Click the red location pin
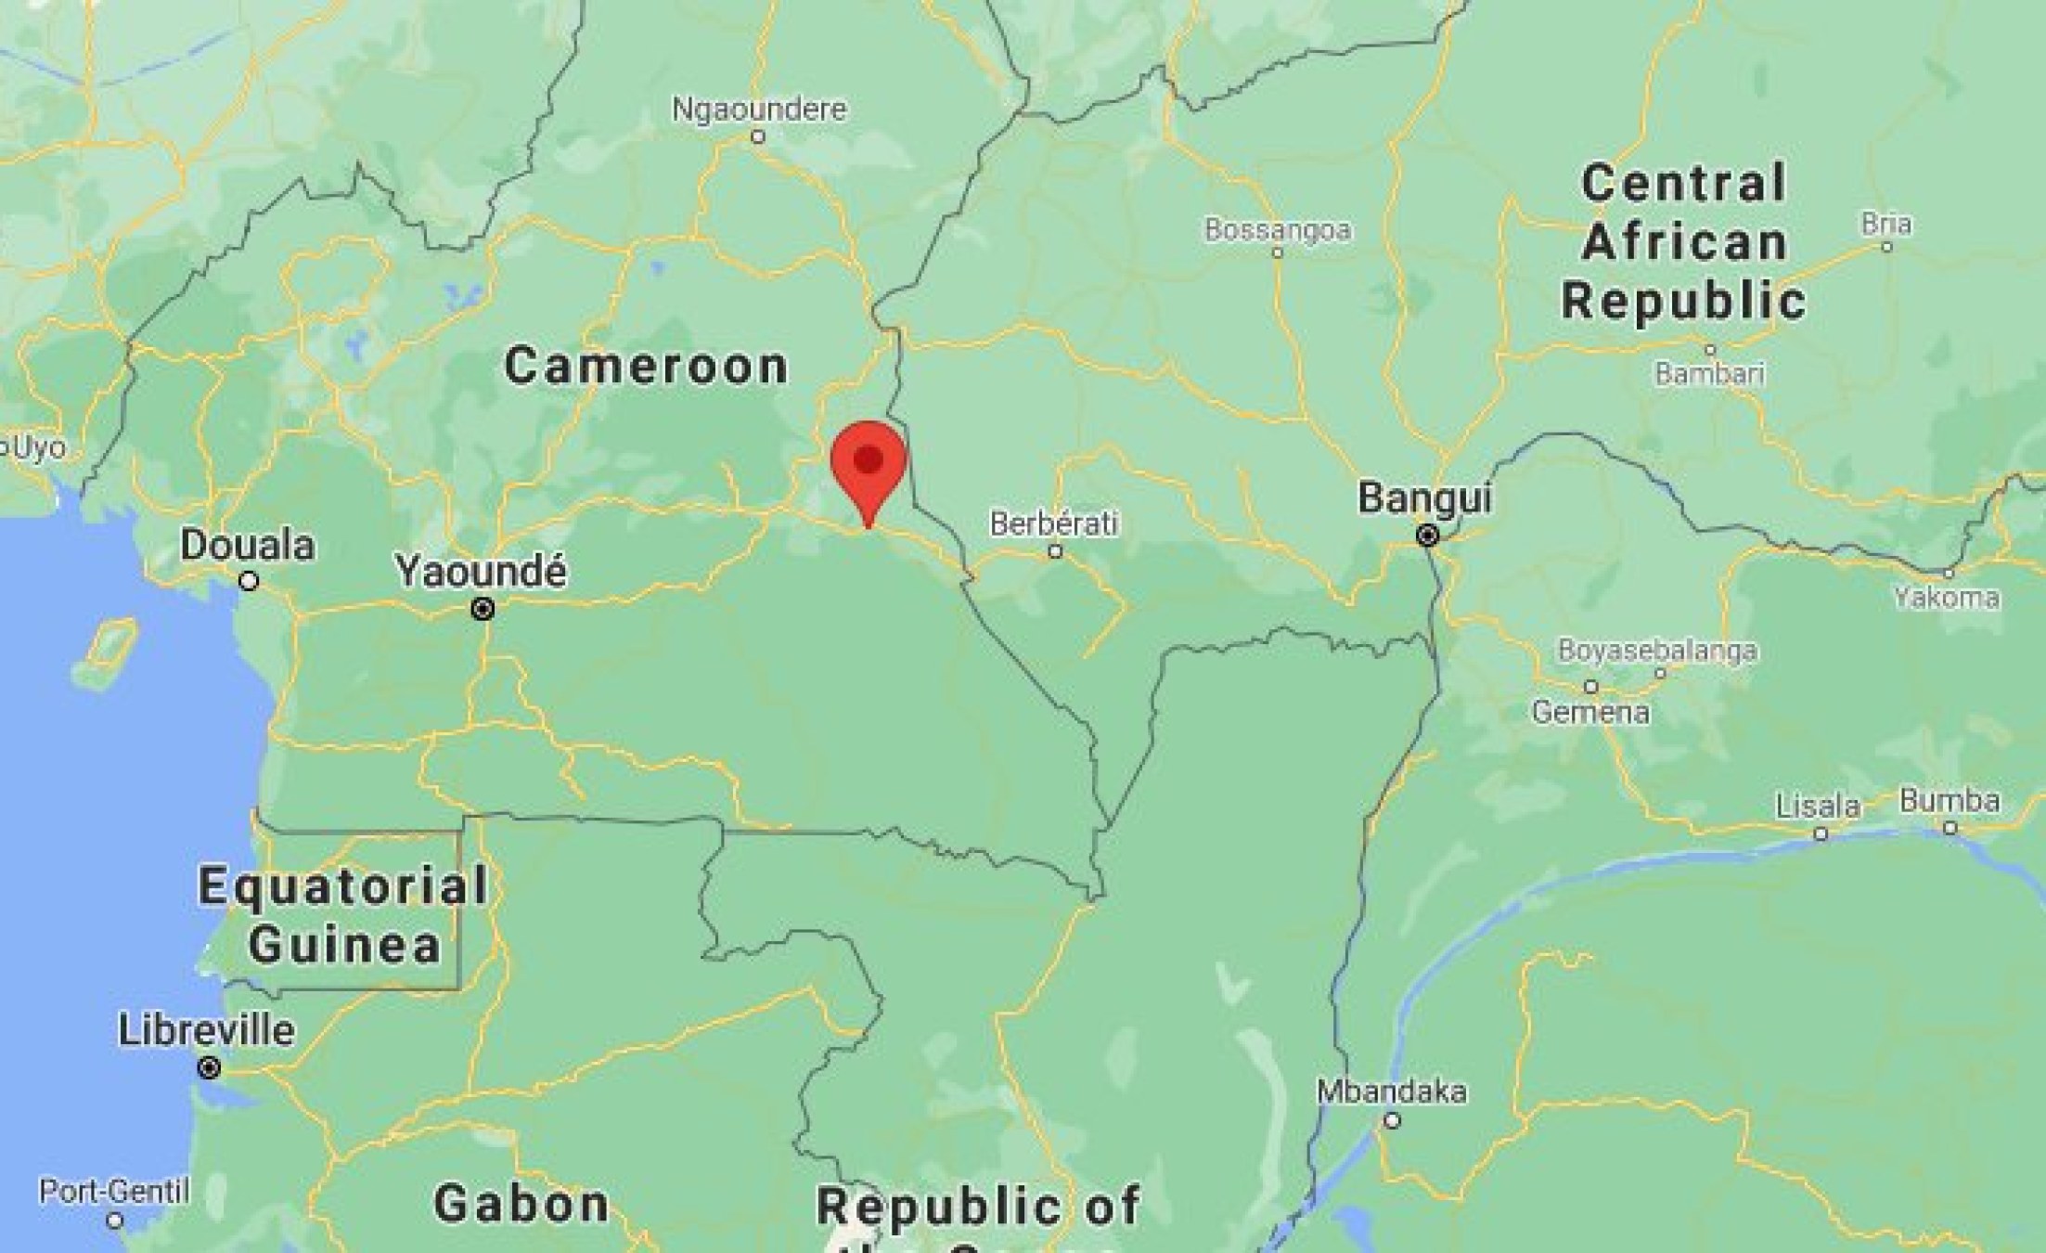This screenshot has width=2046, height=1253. [868, 464]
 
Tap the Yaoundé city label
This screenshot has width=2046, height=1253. [481, 572]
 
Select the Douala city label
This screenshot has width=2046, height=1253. [247, 546]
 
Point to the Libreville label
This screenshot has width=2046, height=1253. [207, 1031]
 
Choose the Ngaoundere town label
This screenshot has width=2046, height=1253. [759, 110]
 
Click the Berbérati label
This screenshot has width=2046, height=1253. [1054, 523]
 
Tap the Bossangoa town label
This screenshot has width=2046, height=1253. [1278, 230]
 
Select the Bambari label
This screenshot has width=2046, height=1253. [1710, 374]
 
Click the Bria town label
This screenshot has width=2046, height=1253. [1886, 225]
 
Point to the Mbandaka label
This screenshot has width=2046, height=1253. [1392, 1092]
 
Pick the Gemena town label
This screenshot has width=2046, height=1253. [1590, 713]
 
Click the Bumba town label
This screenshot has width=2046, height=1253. [1949, 800]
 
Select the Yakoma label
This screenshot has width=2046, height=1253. [1947, 598]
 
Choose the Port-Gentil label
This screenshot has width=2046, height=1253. [114, 1192]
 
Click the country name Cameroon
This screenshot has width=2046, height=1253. [647, 366]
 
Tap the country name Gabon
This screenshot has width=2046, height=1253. [521, 1205]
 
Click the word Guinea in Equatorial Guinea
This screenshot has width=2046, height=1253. [344, 946]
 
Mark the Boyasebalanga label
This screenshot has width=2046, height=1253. [1657, 651]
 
